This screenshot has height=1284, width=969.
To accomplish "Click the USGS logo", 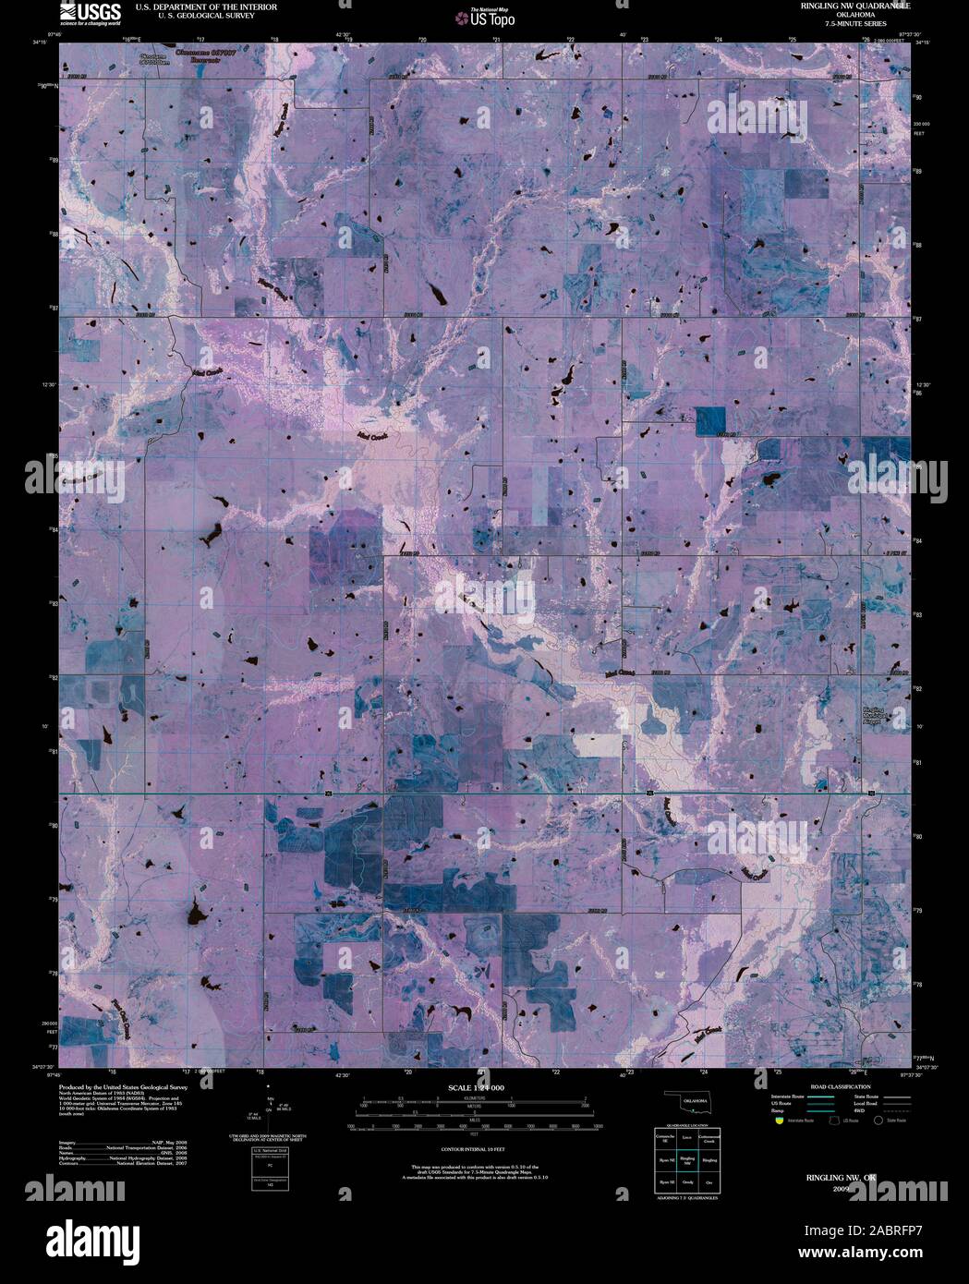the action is (x=90, y=12).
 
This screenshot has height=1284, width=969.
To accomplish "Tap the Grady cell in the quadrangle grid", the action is (x=686, y=1182).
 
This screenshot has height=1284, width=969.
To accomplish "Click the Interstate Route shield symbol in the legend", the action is (x=779, y=1119).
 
